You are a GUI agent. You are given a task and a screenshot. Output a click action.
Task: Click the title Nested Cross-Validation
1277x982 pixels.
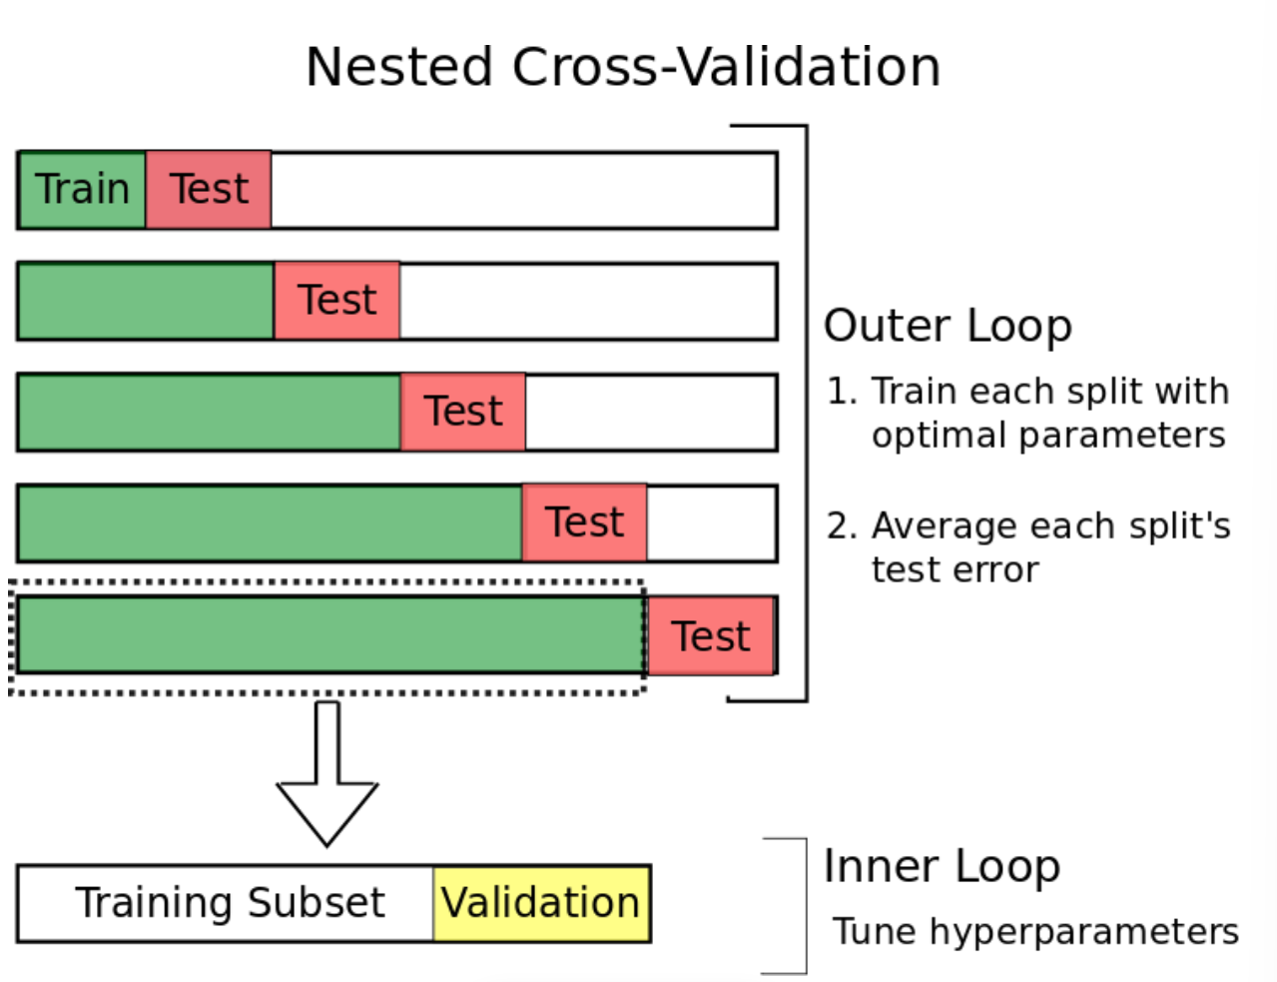[x=623, y=67]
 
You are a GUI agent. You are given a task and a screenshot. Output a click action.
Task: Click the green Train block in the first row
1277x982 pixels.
[x=82, y=190]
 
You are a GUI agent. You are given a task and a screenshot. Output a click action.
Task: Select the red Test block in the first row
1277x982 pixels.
[x=209, y=190]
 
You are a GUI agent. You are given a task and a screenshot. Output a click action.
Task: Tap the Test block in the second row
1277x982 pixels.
[x=336, y=301]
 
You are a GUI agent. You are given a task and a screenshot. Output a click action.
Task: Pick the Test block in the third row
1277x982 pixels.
[x=463, y=412]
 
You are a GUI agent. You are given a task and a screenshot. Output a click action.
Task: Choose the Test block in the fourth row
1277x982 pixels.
[x=585, y=522]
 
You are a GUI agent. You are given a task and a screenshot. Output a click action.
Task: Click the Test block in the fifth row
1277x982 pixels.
[x=711, y=635]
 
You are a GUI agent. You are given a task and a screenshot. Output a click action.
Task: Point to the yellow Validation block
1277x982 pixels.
[x=541, y=904]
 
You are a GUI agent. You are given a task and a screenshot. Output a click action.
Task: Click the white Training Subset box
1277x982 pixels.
[x=226, y=904]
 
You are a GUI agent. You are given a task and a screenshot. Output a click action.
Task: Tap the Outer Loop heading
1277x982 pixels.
[x=948, y=327]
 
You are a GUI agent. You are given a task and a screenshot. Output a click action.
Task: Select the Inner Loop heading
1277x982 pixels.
[x=943, y=867]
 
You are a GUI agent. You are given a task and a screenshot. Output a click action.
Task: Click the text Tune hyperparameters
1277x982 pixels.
[x=1035, y=933]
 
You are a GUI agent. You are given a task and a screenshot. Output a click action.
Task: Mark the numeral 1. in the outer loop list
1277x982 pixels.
[x=842, y=391]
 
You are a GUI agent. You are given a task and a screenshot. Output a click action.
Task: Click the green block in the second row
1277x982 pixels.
[x=147, y=301]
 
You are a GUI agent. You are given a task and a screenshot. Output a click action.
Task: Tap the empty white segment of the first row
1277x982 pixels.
[x=523, y=190]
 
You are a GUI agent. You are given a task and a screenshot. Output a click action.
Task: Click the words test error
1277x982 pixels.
[x=956, y=570]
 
